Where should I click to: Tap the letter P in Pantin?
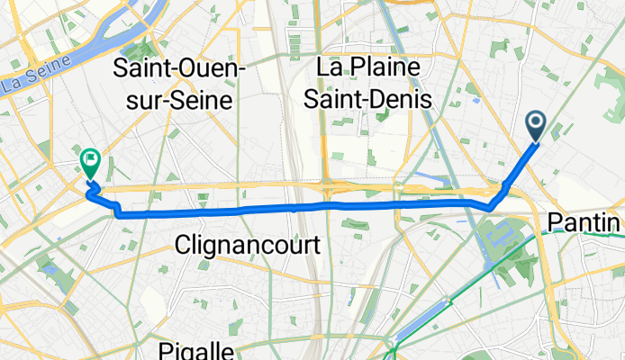(555, 222)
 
